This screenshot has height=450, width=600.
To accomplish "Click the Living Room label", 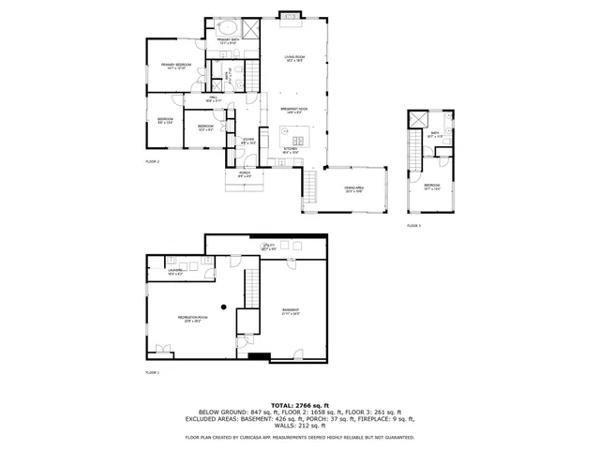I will coord(295,59).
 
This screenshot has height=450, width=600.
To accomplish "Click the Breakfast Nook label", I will coord(294,112).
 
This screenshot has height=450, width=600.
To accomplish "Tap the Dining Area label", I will coord(353,189).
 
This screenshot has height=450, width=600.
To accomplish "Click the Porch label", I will coord(244,174).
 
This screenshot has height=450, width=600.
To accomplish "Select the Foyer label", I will coord(247,142).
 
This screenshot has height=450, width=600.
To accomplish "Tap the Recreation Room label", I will coord(192,319).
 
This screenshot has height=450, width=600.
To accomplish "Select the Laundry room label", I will coord(175,271).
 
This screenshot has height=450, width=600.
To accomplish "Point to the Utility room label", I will coord(268,247).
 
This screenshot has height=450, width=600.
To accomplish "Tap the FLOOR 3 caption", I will coord(413,226).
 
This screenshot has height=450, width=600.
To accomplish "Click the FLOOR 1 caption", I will coord(153,373).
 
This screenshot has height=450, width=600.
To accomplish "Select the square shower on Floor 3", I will coord(418,119).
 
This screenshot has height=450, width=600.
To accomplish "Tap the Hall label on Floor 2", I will coord(214,98).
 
